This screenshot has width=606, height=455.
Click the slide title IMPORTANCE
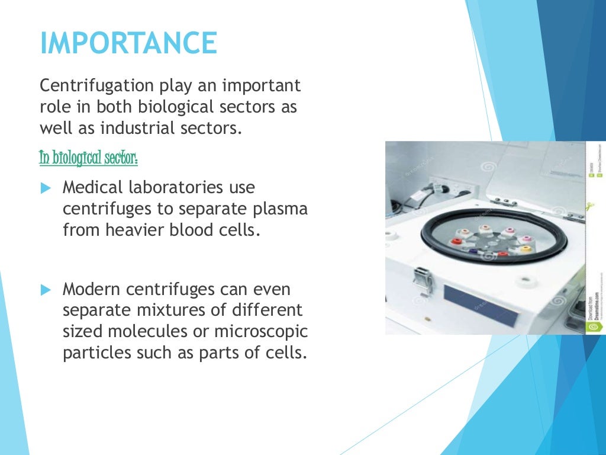128,44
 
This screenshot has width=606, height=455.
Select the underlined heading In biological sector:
89,158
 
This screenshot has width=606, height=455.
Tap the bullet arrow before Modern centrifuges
47,290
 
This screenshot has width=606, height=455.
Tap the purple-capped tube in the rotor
473,251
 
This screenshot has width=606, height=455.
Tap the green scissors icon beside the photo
590,207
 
